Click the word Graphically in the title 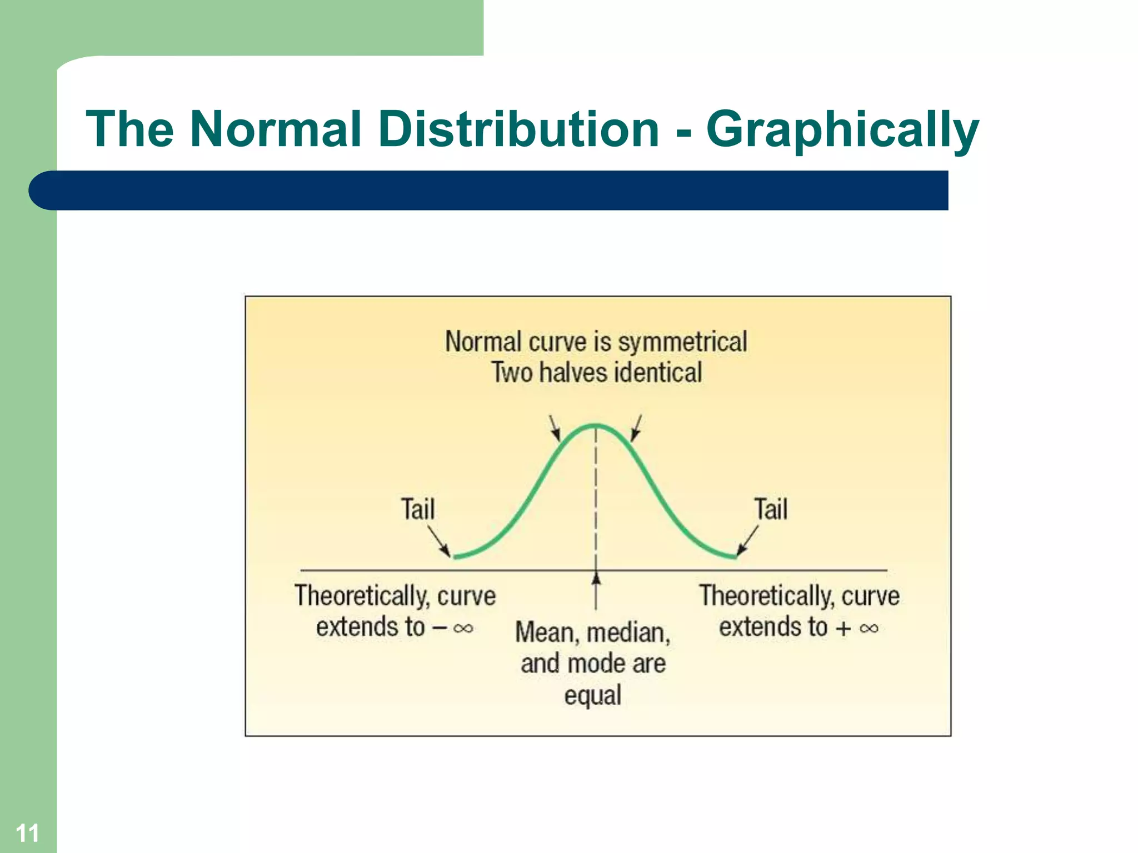pyautogui.click(x=842, y=131)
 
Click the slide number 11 pyautogui.click(x=27, y=833)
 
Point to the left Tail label pyautogui.click(x=418, y=509)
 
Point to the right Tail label pyautogui.click(x=771, y=509)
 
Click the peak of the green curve pyautogui.click(x=596, y=426)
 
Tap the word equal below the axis pyautogui.click(x=592, y=695)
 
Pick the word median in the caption pyautogui.click(x=628, y=633)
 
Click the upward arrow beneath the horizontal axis pyautogui.click(x=596, y=591)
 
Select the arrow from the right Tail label pyautogui.click(x=748, y=541)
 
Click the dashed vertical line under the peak pyautogui.click(x=596, y=500)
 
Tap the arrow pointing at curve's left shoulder pyautogui.click(x=555, y=428)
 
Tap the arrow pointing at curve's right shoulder pyautogui.click(x=636, y=428)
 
